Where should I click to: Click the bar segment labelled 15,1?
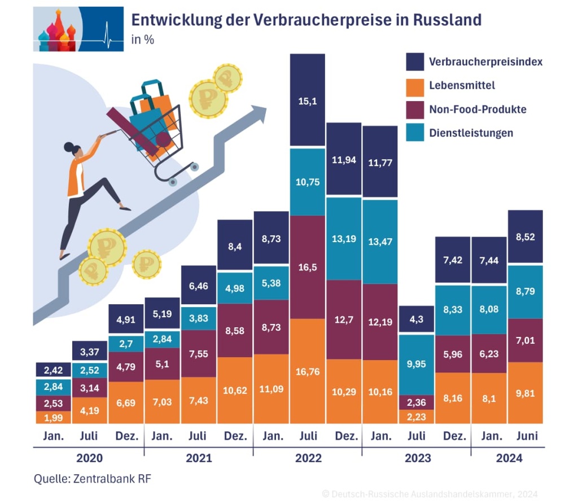[308, 100]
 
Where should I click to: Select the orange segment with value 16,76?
[308, 371]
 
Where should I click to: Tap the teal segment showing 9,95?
[417, 363]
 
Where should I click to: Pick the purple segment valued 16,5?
[308, 266]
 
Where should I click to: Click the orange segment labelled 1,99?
[53, 417]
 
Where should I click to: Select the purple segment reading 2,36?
[417, 401]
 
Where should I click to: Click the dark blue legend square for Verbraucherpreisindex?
[415, 62]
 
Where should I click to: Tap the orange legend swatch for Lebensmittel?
[415, 86]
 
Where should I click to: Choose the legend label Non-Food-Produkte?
[478, 109]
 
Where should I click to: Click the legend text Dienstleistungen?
[471, 133]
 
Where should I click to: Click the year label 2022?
[308, 458]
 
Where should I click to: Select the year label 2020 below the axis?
[89, 458]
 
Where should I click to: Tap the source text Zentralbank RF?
[112, 479]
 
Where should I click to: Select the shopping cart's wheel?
[173, 182]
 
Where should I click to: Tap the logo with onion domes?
[78, 29]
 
